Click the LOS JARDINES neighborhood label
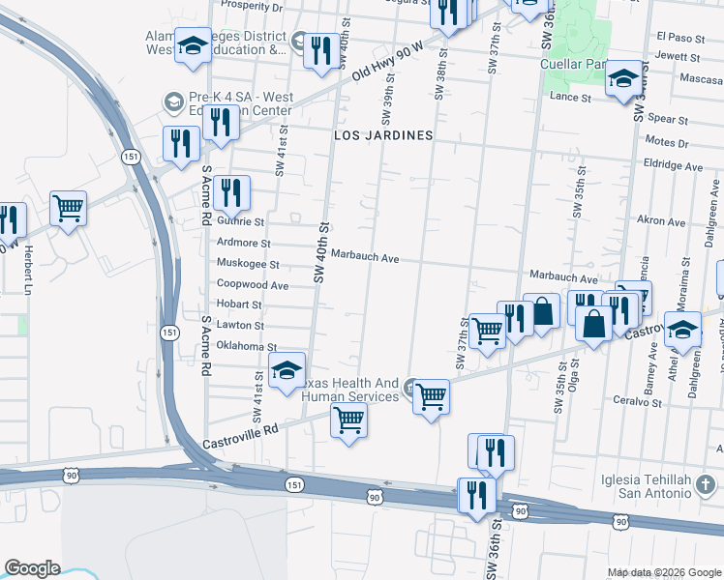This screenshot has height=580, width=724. click(x=382, y=136)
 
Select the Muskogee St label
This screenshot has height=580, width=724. click(x=248, y=264)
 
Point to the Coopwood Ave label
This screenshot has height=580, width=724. click(x=252, y=285)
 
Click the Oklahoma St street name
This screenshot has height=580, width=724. click(x=247, y=347)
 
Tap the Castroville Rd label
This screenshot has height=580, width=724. click(x=240, y=434)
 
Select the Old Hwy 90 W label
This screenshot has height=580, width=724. click(x=388, y=60)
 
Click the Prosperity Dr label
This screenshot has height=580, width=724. click(x=251, y=7)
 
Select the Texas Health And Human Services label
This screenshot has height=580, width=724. click(x=350, y=390)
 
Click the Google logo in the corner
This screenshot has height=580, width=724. click(x=32, y=568)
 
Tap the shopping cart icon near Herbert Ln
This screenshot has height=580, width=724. click(x=68, y=207)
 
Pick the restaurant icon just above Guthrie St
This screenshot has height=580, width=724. click(x=232, y=192)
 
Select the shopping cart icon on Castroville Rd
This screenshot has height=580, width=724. click(x=348, y=420)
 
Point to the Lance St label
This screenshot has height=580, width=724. click(x=570, y=98)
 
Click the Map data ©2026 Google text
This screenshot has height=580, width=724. click(x=663, y=572)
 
